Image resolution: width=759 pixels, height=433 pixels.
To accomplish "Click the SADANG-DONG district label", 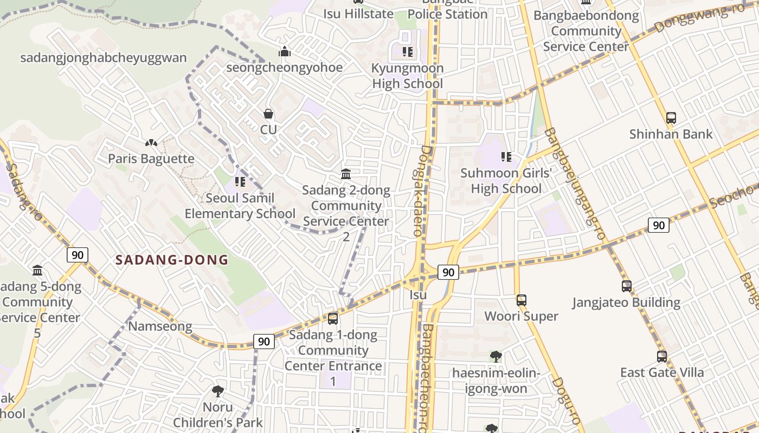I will [172, 260].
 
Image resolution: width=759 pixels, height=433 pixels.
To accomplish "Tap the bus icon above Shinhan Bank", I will [671, 117].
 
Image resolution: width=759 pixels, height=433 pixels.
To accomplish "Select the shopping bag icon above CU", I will [268, 114].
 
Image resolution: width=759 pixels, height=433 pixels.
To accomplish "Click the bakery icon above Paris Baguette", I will [151, 143].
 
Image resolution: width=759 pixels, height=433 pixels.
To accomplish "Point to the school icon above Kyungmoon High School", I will [408, 52].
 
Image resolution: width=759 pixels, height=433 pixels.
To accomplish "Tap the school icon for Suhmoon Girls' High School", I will [506, 157].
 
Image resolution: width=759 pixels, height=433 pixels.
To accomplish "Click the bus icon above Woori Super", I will [521, 300].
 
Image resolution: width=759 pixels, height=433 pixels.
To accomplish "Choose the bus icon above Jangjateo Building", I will [626, 286].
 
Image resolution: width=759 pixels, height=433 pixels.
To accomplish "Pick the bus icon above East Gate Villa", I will [661, 356].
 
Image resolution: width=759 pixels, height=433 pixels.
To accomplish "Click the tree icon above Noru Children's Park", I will [217, 391].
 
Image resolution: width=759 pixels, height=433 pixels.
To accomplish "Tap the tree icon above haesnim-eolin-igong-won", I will [496, 356].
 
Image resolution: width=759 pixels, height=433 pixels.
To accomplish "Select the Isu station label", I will [418, 295].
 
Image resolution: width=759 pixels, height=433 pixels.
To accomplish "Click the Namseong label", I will [160, 326].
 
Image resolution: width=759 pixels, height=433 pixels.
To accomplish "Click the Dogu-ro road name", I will [566, 400].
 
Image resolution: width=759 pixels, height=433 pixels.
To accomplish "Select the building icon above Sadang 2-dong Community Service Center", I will [346, 174].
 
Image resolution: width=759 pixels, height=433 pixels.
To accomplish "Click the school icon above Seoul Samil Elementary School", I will [240, 182].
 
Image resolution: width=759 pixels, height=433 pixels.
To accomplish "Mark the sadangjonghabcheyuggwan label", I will [103, 58].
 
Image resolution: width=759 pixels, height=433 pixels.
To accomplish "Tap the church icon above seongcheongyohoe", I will [285, 52].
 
